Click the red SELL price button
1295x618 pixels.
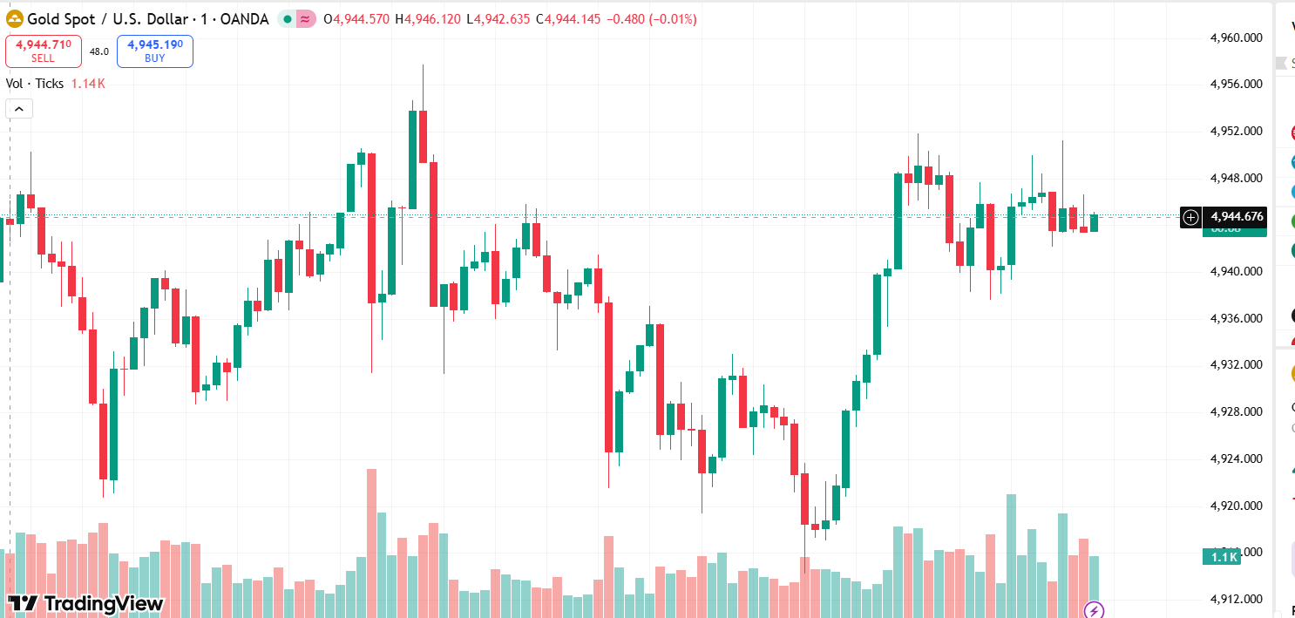(x=43, y=51)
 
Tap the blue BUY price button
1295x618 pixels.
(x=154, y=51)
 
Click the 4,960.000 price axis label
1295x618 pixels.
(x=1237, y=37)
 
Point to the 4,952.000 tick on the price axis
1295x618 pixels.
(x=1237, y=131)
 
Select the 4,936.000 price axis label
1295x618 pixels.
(x=1237, y=318)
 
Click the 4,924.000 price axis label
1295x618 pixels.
(x=1237, y=458)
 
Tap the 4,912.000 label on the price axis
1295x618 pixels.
(x=1237, y=599)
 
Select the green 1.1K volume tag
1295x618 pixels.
(x=1222, y=557)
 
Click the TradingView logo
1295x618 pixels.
(x=85, y=603)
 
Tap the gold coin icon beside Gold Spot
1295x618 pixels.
(x=15, y=18)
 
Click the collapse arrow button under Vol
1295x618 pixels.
(x=19, y=109)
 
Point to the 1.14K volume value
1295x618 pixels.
(x=88, y=84)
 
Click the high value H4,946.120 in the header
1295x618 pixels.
(x=427, y=19)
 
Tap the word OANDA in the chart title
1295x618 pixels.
(x=245, y=19)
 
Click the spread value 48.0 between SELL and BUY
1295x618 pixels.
(x=98, y=51)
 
